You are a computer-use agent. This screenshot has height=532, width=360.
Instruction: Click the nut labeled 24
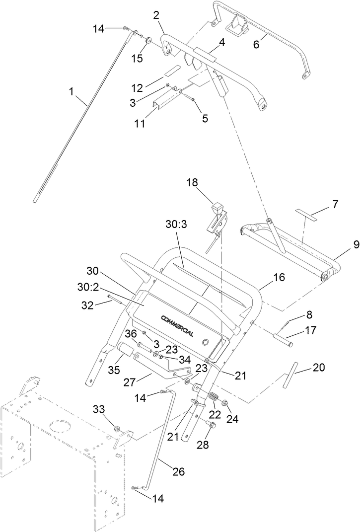click(x=225, y=403)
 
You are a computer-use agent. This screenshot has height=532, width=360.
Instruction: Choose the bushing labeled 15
click(x=148, y=39)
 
